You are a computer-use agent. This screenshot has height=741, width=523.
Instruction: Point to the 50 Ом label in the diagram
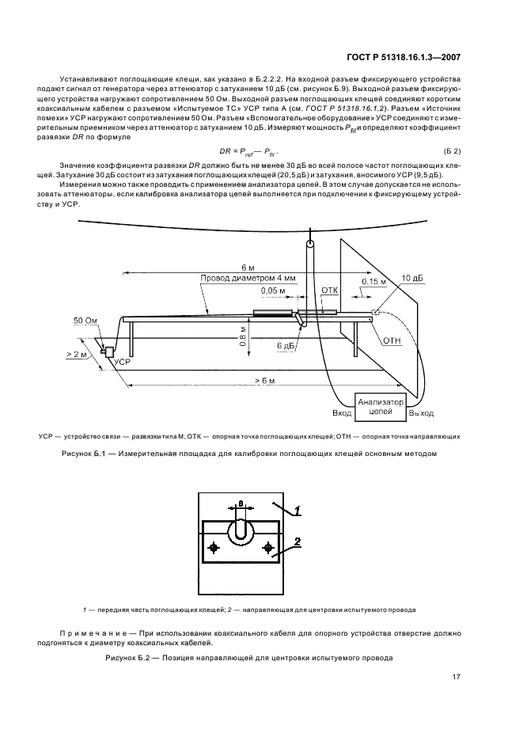(85, 322)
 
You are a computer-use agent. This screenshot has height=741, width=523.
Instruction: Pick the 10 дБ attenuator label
(411, 278)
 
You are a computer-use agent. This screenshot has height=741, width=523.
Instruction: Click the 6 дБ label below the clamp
(286, 347)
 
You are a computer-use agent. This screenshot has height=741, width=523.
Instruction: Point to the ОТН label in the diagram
(392, 340)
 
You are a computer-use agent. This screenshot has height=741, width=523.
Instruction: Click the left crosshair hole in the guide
(214, 548)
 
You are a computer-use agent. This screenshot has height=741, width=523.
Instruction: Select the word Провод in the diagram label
(216, 277)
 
